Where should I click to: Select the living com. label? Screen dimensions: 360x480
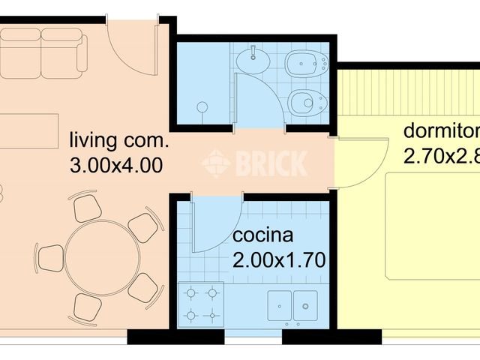pos(120,140)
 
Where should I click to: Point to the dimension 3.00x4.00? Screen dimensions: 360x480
pos(115,165)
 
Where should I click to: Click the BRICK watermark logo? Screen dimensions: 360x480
pos(255,162)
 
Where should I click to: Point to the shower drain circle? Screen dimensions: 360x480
pos(202,106)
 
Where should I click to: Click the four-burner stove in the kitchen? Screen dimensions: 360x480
pos(202,304)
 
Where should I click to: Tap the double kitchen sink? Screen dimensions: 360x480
pos(293,304)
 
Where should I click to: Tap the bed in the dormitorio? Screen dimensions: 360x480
pos(431,225)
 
